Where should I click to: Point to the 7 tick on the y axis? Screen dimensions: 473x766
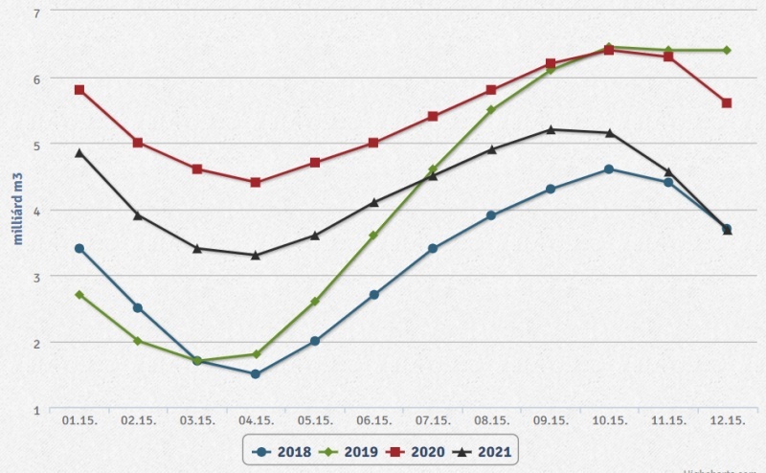[36, 13]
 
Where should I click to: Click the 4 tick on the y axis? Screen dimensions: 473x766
[36, 211]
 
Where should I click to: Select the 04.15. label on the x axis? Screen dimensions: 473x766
[256, 420]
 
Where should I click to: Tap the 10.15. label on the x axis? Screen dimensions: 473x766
[609, 420]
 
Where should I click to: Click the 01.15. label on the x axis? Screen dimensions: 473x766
[79, 420]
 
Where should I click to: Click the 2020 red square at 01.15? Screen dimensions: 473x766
[79, 90]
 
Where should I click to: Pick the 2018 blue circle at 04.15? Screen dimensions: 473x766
[256, 374]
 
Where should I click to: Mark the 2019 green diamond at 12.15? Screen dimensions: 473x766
[727, 50]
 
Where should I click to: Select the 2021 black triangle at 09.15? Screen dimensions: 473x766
[551, 129]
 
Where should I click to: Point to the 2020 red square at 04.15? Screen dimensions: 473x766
[256, 182]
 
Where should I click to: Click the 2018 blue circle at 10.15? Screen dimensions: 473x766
[609, 169]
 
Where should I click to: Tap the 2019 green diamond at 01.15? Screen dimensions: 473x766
[79, 295]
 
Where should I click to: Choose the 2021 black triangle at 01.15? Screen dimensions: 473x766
[79, 152]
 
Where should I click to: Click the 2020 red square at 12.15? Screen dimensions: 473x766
[727, 103]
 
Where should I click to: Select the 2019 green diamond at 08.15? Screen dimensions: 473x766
[491, 110]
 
